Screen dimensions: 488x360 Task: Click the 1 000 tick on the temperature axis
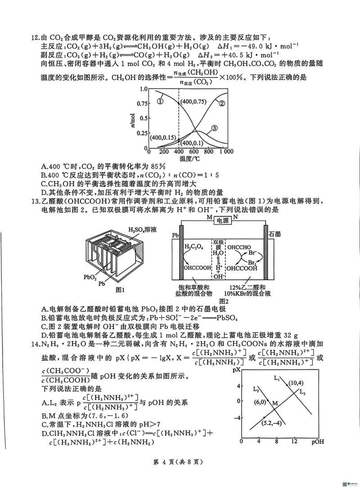pyautogui.click(x=226, y=152)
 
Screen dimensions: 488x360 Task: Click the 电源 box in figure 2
pyautogui.click(x=222, y=221)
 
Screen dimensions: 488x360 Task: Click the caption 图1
pyautogui.click(x=120, y=289)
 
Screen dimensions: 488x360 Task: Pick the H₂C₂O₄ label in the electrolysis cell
pyautogui.click(x=193, y=247)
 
